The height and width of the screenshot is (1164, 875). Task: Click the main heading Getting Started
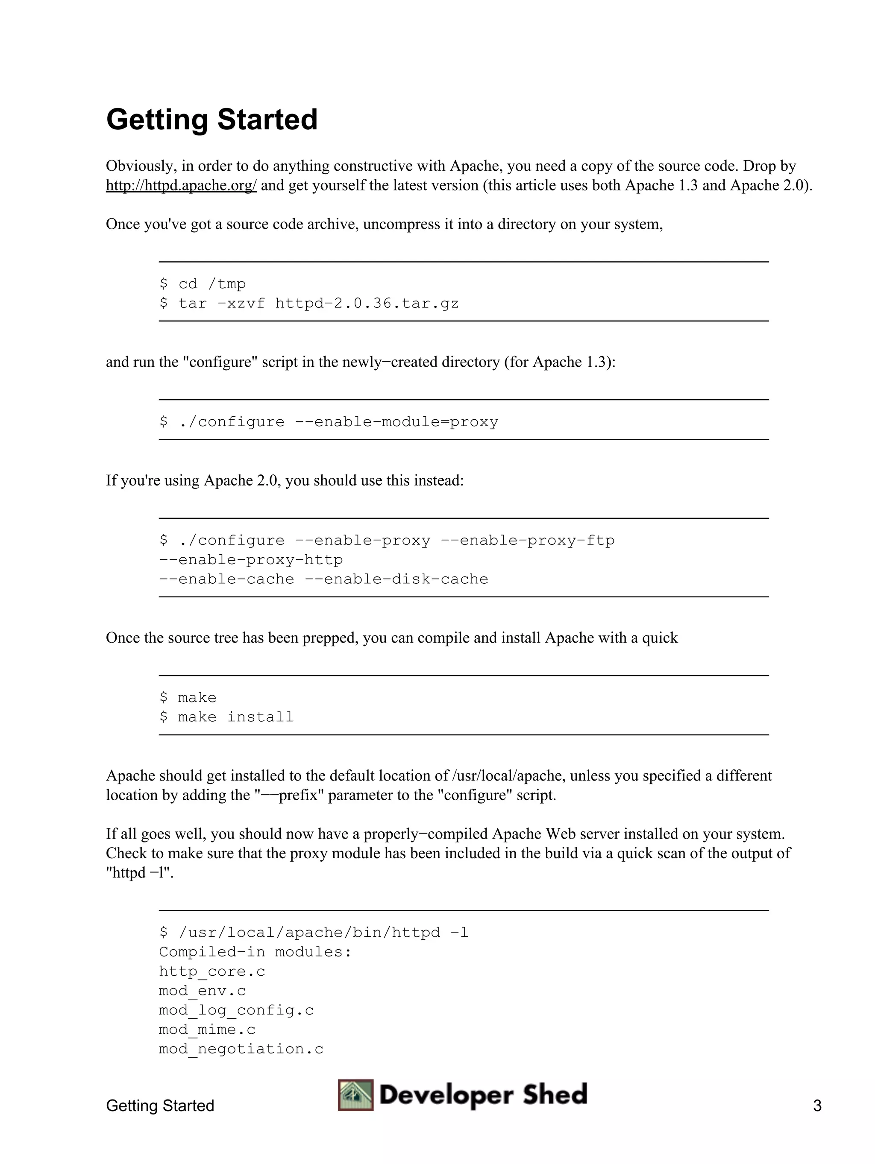pyautogui.click(x=211, y=120)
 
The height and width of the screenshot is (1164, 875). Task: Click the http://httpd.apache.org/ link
pyautogui.click(x=181, y=186)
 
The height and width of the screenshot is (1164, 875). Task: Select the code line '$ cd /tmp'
pyautogui.click(x=203, y=284)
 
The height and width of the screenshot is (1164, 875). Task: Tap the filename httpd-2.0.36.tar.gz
pyautogui.click(x=367, y=304)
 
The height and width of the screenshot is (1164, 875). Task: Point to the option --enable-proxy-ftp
pyautogui.click(x=527, y=541)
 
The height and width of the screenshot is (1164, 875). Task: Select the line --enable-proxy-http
pyautogui.click(x=251, y=560)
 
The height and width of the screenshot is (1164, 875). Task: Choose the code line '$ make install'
pyautogui.click(x=226, y=717)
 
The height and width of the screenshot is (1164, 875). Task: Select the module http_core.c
pyautogui.click(x=212, y=971)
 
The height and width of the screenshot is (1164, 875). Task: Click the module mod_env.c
pyautogui.click(x=203, y=991)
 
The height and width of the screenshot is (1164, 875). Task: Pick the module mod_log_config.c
pyautogui.click(x=236, y=1010)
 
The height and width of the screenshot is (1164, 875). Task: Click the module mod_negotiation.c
pyautogui.click(x=241, y=1049)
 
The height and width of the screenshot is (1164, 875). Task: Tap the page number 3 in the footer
pyautogui.click(x=817, y=1106)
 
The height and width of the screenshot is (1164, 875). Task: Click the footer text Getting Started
pyautogui.click(x=160, y=1106)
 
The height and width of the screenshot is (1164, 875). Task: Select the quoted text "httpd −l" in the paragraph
pyautogui.click(x=140, y=873)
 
